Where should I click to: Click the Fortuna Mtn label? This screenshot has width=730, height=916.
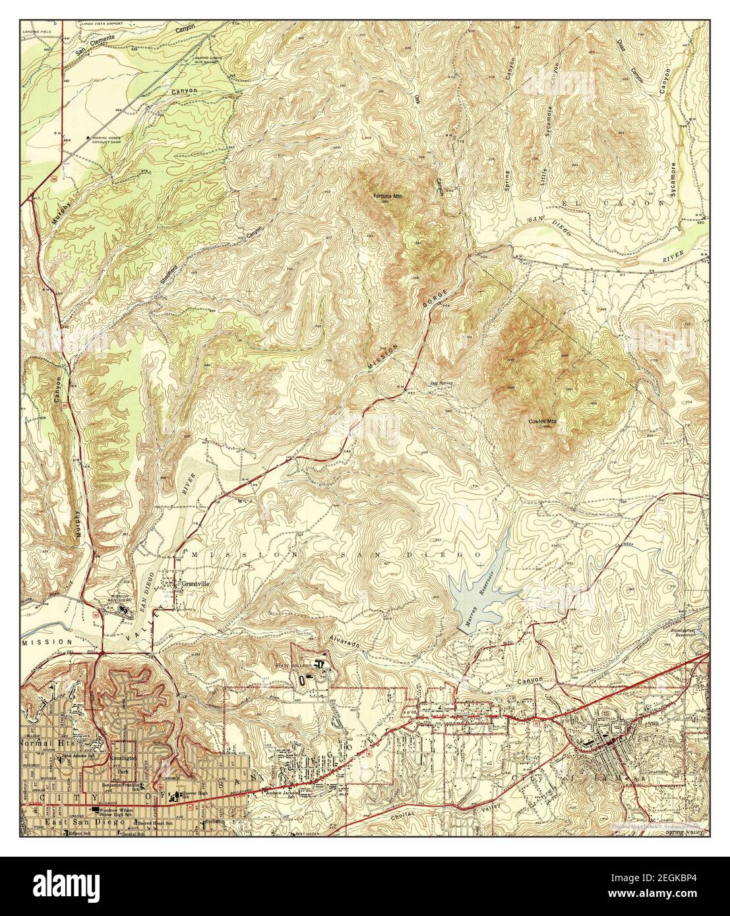(387, 196)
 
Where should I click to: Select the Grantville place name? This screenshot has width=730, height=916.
(198, 583)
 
